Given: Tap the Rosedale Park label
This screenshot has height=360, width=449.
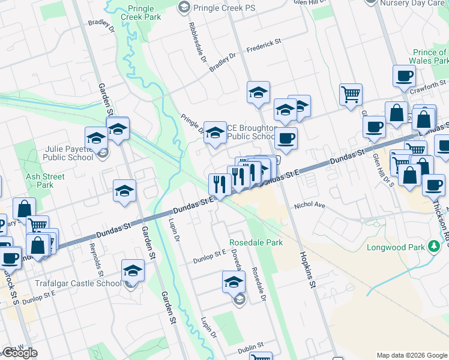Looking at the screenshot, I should click(x=256, y=243).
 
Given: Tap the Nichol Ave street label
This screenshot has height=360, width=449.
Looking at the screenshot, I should click(x=309, y=205).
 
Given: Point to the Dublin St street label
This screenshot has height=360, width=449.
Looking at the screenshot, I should click(x=250, y=346).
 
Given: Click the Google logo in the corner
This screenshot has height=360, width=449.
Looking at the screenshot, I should click(x=20, y=353).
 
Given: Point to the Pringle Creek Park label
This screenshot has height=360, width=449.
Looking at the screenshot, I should click(x=144, y=13).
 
